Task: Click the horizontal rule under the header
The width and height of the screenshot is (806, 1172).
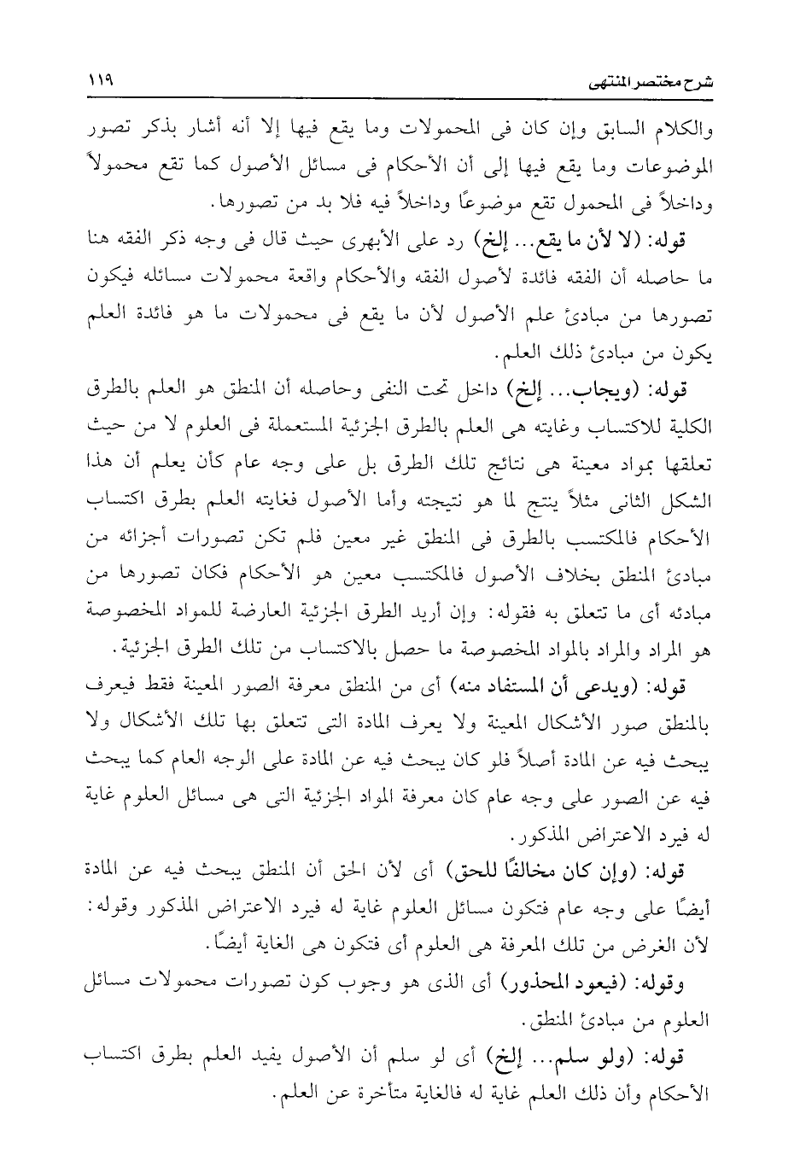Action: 403,99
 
